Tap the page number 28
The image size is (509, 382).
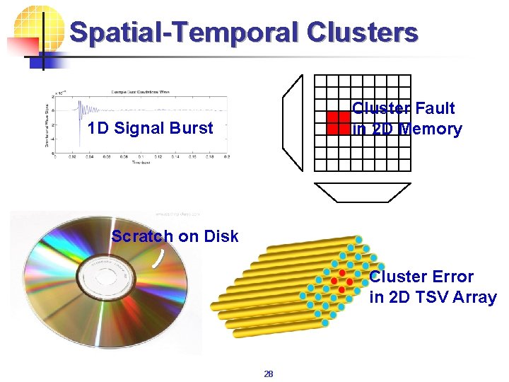pos(268,374)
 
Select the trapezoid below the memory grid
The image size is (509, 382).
pos(363,192)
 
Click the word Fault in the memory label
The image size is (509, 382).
pos(435,108)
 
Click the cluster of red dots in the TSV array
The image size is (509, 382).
pos(342,280)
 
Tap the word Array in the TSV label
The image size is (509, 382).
pos(474,297)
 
